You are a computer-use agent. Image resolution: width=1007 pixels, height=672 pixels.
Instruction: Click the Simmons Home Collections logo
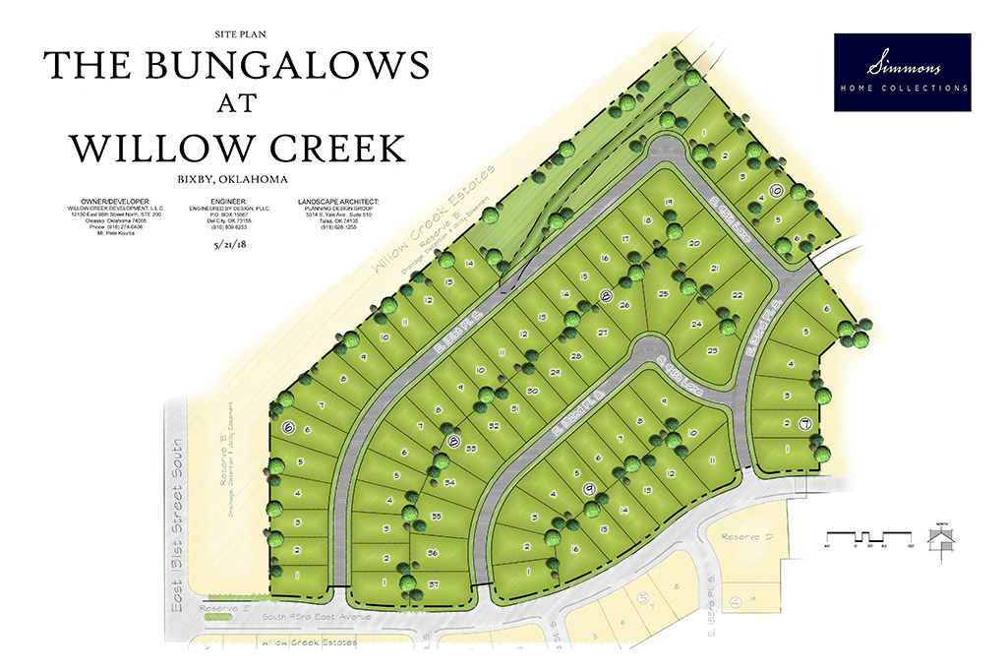coord(902,72)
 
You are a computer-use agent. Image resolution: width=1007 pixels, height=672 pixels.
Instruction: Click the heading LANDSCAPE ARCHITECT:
coord(337,202)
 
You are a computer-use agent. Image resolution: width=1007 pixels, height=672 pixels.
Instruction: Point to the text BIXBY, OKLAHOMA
coord(227,179)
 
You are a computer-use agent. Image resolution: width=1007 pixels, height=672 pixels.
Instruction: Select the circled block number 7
coord(804,424)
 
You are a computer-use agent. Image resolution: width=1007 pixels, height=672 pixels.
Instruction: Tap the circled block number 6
coord(289,428)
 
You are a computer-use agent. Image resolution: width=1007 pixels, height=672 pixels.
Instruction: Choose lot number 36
coord(434,554)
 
